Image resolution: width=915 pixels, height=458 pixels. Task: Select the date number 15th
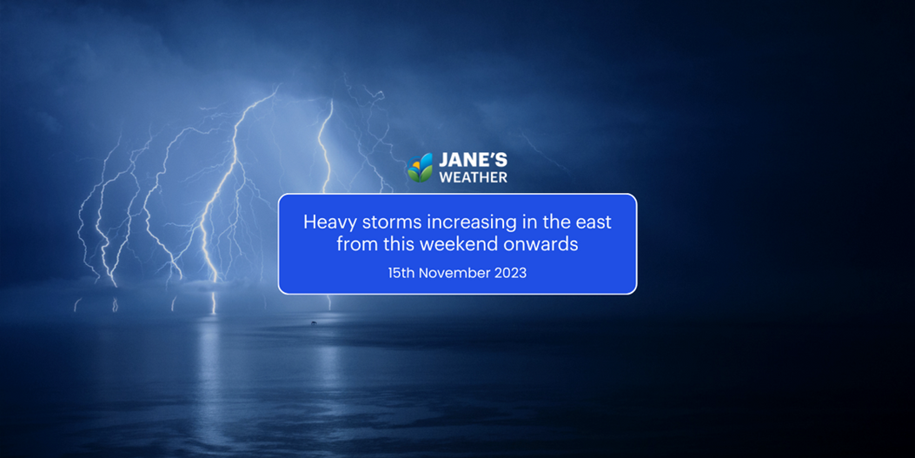click(401, 273)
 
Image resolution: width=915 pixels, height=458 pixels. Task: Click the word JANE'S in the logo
click(474, 161)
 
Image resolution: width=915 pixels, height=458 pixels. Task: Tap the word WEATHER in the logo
click(474, 176)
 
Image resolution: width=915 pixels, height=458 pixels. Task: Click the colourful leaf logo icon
click(421, 168)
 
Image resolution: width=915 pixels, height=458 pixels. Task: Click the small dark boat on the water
click(314, 322)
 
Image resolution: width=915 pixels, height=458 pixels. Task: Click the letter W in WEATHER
click(447, 176)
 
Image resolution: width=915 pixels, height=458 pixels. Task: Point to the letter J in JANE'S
click(443, 161)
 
